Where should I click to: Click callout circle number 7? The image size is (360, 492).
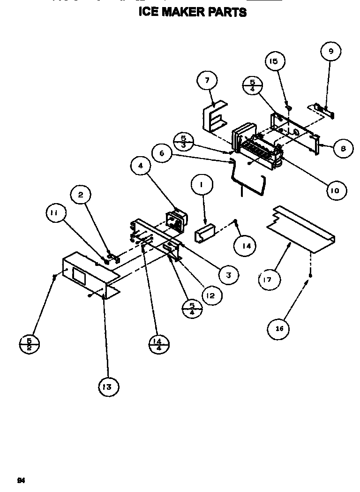click(x=207, y=81)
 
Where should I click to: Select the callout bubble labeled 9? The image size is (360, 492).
click(x=330, y=52)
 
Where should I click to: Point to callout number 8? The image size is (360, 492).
click(x=343, y=148)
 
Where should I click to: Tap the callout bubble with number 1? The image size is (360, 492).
click(x=201, y=186)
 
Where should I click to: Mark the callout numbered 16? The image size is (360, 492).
click(x=279, y=329)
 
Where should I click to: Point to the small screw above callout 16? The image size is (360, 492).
click(x=310, y=280)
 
